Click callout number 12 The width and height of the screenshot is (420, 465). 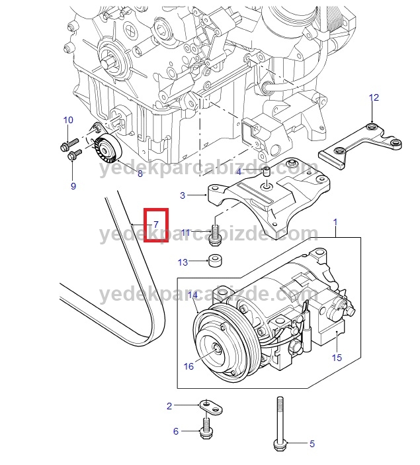click(374, 98)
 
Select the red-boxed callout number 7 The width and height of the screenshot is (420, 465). click(155, 224)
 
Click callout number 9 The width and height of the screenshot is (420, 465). click(73, 186)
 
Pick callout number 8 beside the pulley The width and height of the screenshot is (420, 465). click(140, 174)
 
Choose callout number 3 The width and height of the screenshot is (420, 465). click(183, 195)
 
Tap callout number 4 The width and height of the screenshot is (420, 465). click(239, 172)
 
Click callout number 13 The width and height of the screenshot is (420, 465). click(183, 262)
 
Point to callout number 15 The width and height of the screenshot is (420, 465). click(337, 358)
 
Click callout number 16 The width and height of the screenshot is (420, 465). click(189, 366)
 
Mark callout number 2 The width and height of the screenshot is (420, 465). click(169, 405)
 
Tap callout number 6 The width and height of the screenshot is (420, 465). click(176, 431)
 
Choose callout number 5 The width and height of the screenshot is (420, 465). click(312, 444)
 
